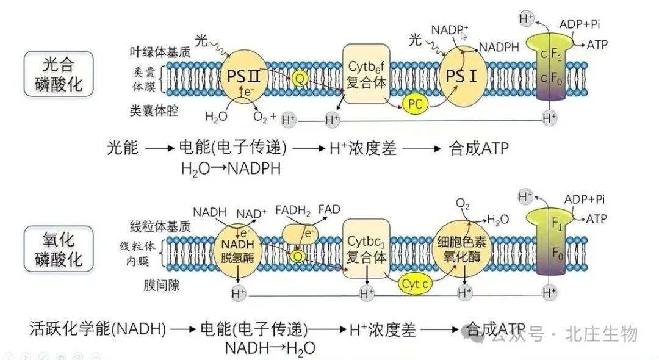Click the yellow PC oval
[x=416, y=104]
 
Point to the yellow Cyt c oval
[x=416, y=283]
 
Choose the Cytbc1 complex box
[x=367, y=250]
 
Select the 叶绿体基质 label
[x=160, y=52]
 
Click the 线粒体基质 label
[x=160, y=226]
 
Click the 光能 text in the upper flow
[x=123, y=148]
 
